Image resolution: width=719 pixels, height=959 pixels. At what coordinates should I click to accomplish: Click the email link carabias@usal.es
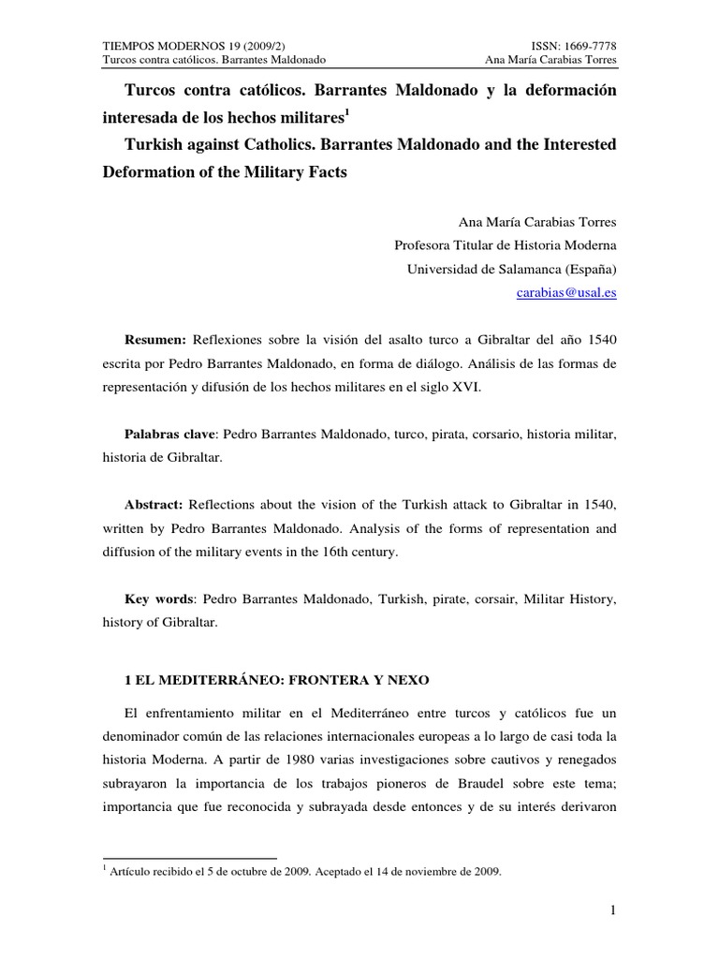coord(566,292)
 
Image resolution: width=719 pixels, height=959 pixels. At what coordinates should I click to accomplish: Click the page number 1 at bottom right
coord(613,910)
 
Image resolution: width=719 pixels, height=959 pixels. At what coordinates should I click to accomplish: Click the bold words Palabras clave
coord(170,435)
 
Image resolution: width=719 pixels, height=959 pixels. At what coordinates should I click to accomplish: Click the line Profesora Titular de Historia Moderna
coord(506,245)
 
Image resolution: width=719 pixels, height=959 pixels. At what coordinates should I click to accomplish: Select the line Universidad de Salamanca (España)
coord(512,269)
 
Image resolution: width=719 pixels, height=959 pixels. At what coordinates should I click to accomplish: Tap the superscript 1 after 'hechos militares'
coord(346,113)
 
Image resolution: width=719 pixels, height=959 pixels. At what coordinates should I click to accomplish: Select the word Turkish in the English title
coord(153,147)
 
